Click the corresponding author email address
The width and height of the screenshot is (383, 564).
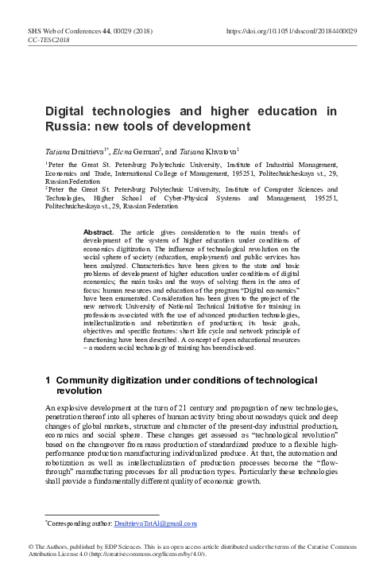(157, 523)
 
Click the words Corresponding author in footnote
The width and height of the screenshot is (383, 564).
(77, 523)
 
